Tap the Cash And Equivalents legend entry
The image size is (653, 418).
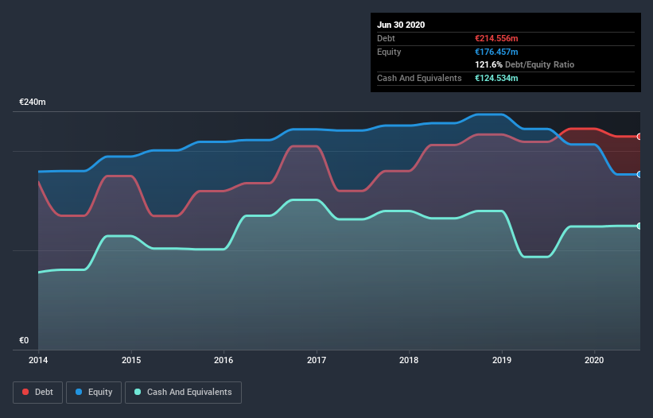[183, 392]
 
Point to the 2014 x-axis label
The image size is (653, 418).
[38, 360]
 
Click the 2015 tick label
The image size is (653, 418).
[131, 360]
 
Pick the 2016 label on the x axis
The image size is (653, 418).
[224, 360]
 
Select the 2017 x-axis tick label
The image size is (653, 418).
[317, 360]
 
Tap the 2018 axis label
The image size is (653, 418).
[410, 360]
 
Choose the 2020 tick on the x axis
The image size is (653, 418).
[595, 360]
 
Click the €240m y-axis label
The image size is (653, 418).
[33, 103]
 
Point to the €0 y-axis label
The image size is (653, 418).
[24, 340]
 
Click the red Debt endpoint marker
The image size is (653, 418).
[639, 137]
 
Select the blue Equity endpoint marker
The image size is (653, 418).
[639, 174]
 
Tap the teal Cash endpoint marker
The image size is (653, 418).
[639, 226]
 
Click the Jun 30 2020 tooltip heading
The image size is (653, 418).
[401, 25]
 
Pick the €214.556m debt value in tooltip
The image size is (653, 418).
[496, 38]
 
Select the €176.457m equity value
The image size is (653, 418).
[496, 52]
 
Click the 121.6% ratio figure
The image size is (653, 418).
[488, 64]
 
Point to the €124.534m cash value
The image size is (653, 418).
[496, 78]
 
